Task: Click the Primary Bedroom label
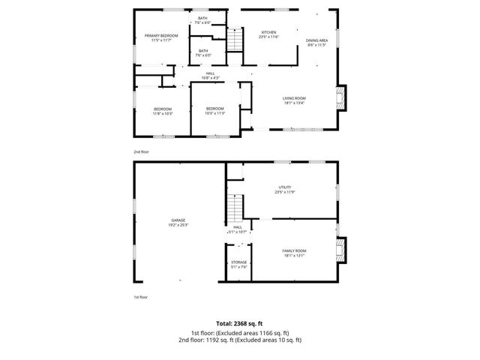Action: pos(161,35)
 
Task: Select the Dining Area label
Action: pos(316,40)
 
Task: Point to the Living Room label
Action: pos(293,99)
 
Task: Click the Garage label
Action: pos(178,220)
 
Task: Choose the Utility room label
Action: pos(284,187)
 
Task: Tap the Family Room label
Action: pos(294,250)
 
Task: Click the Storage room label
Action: pos(238,262)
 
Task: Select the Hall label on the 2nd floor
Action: pos(211,73)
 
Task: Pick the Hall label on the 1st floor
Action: pos(238,227)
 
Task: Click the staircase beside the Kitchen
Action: pos(235,39)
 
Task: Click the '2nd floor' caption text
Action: pos(141,151)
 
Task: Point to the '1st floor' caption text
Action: pos(140,297)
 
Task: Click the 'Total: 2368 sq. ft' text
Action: pos(240,323)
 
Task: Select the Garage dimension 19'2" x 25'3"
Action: pos(178,224)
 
